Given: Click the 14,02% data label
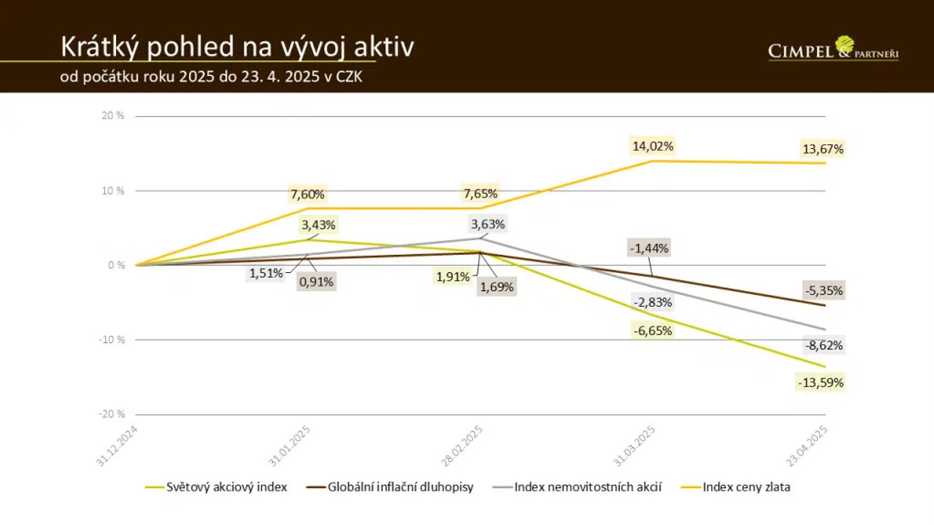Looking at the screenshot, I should click(x=653, y=146).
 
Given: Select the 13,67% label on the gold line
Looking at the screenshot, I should click(x=823, y=149).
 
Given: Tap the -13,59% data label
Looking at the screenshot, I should click(x=821, y=383).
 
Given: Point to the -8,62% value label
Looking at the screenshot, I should click(x=824, y=346).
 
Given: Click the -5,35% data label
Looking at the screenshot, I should click(x=824, y=291).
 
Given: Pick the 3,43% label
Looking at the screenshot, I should click(x=318, y=225).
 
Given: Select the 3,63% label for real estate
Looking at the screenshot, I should click(x=487, y=224).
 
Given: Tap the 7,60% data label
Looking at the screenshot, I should click(x=307, y=194).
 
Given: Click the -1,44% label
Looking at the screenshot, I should click(x=649, y=248).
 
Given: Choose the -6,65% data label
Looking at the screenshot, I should click(x=652, y=331).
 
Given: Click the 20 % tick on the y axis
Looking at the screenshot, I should click(x=113, y=116).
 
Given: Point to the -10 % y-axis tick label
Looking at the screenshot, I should click(x=112, y=340).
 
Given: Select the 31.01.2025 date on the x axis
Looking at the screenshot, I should click(x=290, y=446).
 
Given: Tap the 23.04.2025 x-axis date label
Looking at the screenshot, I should click(x=807, y=446).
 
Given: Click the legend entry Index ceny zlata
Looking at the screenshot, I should click(x=746, y=487).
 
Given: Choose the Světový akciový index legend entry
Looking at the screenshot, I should click(x=227, y=487).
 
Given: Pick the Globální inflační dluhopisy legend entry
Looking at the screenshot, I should click(x=400, y=487).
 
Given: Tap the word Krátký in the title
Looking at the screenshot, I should click(x=100, y=47).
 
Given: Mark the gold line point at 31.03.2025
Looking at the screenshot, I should click(x=652, y=161).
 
